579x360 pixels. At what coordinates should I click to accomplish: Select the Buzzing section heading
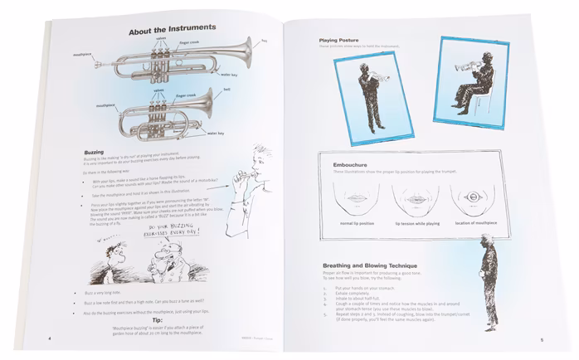(x=94, y=153)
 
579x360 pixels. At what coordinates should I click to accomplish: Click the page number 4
(x=49, y=339)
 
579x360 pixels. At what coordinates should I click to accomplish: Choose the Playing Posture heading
(x=343, y=41)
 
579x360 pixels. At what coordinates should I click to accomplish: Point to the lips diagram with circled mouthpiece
(x=470, y=197)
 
